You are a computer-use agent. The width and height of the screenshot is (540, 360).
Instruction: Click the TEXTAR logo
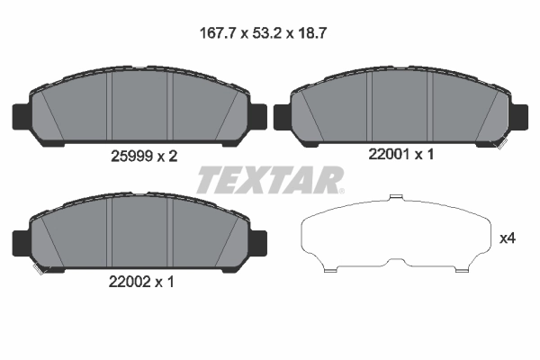coord(269,180)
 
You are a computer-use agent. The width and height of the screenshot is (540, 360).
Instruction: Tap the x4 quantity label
coord(508,238)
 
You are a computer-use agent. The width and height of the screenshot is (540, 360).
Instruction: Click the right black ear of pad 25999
coord(259,117)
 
